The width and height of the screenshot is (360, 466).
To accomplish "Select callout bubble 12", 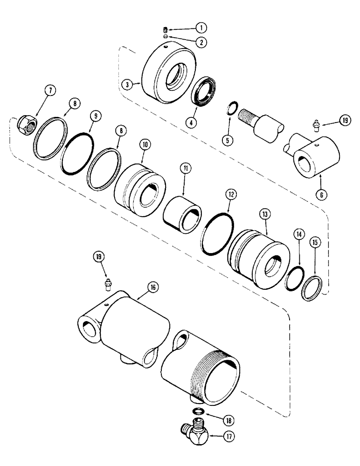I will (231, 192).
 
